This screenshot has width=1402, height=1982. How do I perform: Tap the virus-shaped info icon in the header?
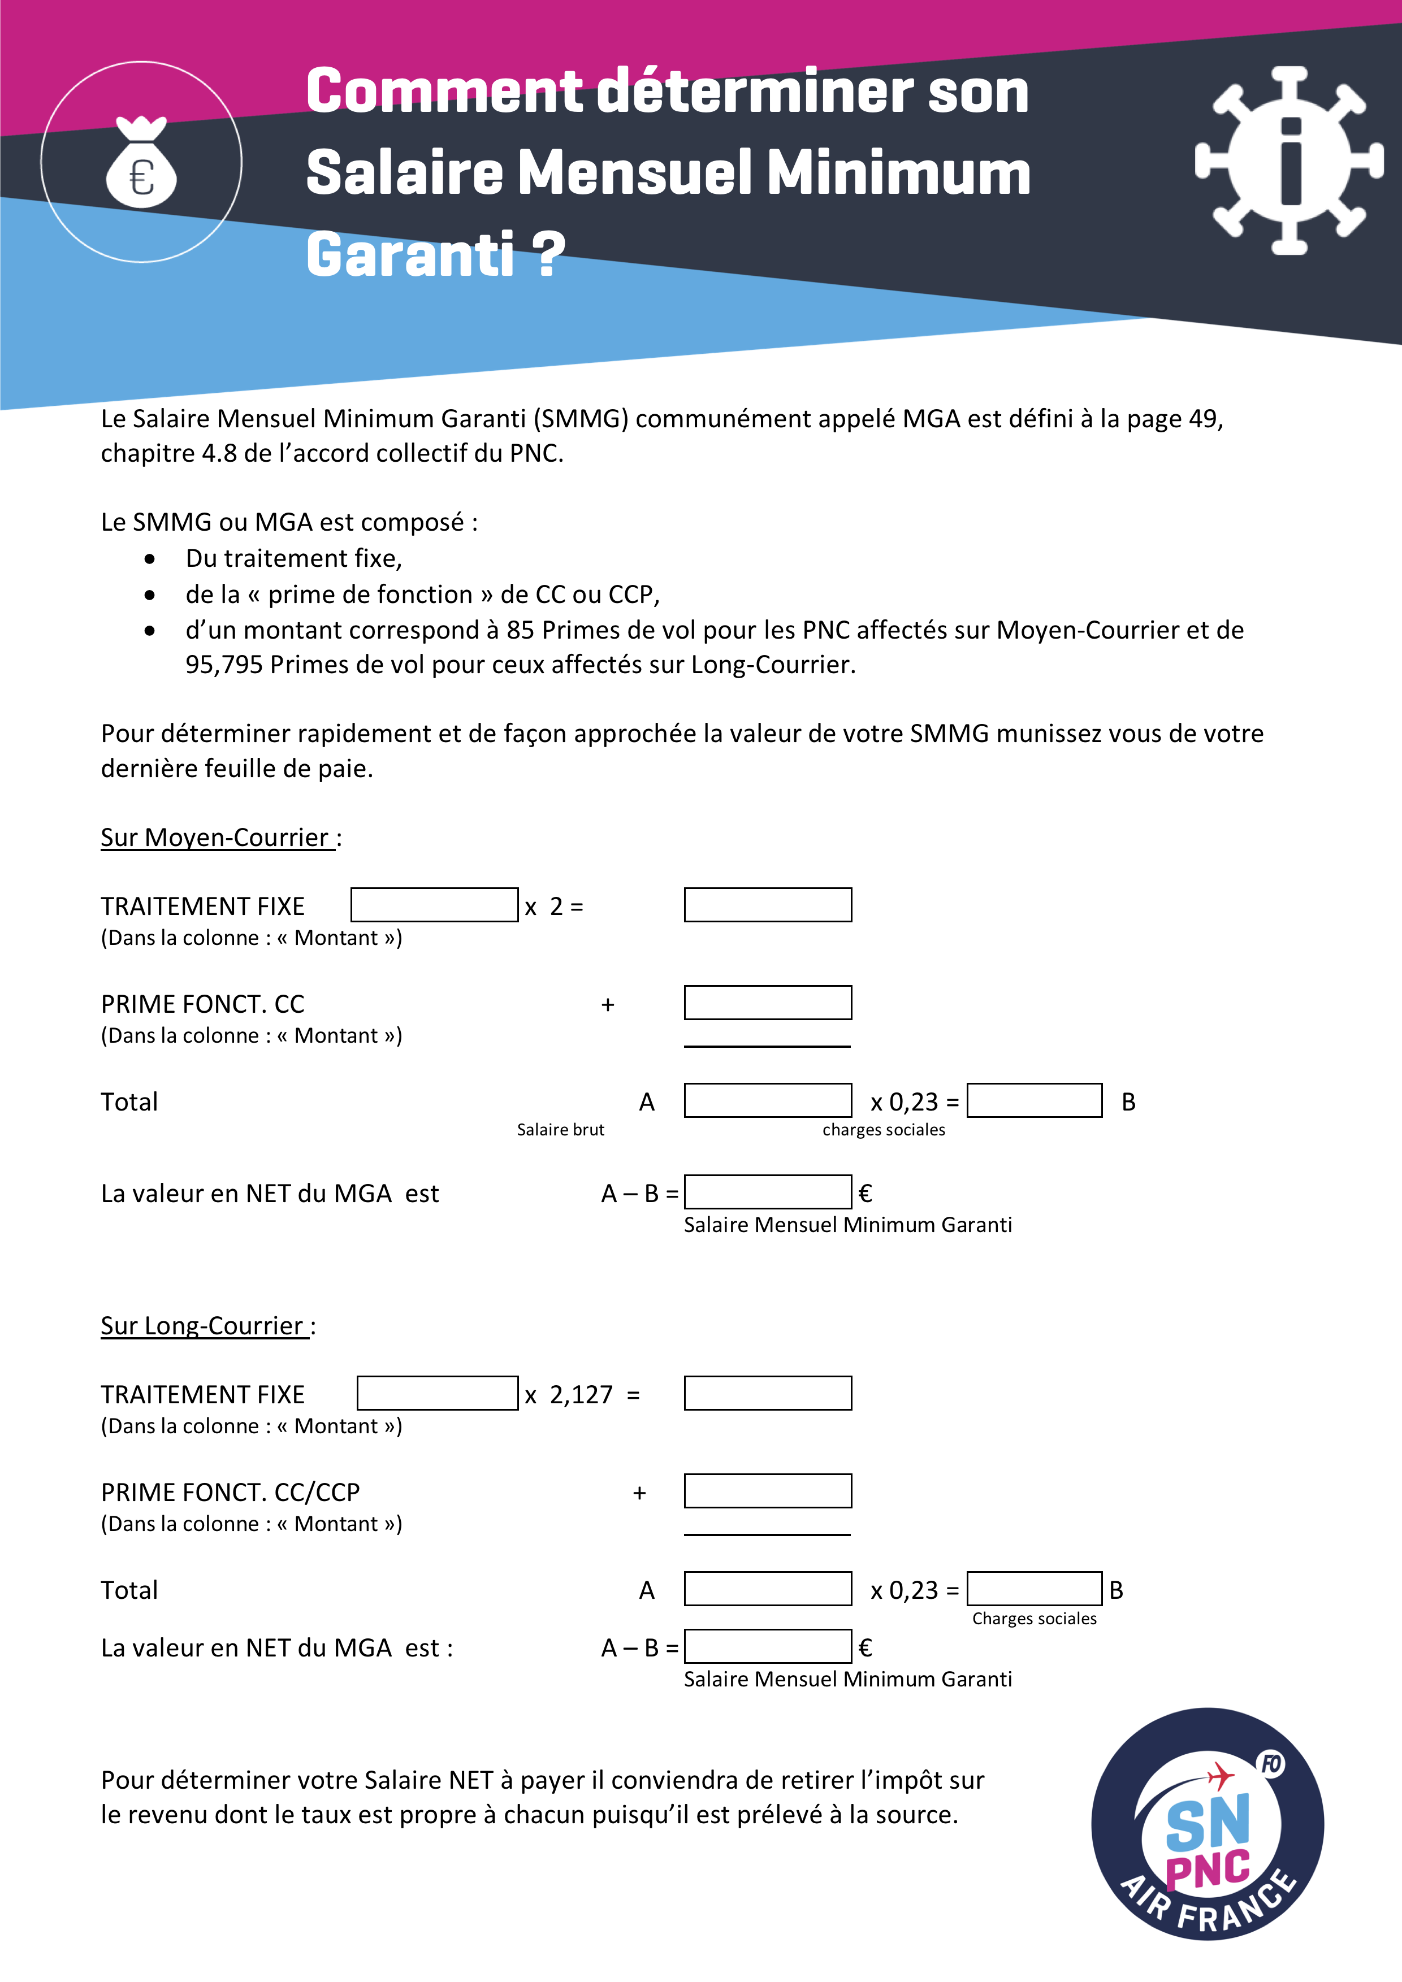click(x=1290, y=161)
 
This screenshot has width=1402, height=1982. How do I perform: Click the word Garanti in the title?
click(x=410, y=255)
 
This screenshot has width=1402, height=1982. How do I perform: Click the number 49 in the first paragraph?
click(x=1202, y=419)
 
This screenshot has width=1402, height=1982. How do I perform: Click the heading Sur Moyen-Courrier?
click(x=216, y=838)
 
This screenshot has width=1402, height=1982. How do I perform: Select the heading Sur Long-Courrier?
click(x=204, y=1326)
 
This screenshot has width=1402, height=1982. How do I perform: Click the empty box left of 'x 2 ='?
click(x=434, y=905)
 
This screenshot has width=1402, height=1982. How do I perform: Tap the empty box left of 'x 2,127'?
click(x=438, y=1393)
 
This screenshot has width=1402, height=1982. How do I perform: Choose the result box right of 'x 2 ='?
click(x=768, y=905)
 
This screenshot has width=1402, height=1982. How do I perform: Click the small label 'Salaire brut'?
click(x=560, y=1130)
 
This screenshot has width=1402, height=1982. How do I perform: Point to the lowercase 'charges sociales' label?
click(x=883, y=1130)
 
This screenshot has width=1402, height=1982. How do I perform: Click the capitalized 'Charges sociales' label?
click(x=1034, y=1619)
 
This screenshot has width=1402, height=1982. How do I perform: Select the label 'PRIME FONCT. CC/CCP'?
click(x=231, y=1493)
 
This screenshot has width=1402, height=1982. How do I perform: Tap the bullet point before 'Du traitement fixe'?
click(x=150, y=560)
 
